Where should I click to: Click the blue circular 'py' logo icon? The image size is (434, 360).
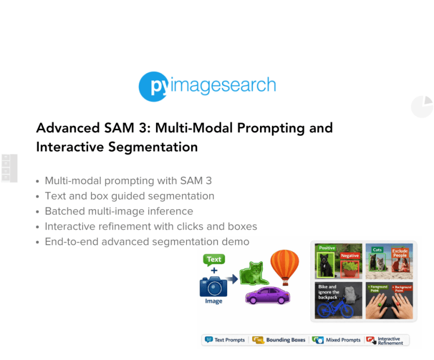154,86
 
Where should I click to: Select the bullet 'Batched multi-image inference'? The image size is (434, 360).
119,211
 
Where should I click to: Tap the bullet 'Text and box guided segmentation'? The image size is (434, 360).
129,196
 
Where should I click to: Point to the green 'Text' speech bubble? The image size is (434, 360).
214,259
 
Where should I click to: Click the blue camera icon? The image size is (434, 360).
214,285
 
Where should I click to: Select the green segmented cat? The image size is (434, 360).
252,274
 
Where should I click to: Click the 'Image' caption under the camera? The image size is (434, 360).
214,301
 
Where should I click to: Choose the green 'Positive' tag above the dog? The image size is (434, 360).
327,248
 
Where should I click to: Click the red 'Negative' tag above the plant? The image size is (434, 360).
349,255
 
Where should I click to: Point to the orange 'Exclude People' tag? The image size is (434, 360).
400,253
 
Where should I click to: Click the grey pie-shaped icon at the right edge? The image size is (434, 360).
422,106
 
